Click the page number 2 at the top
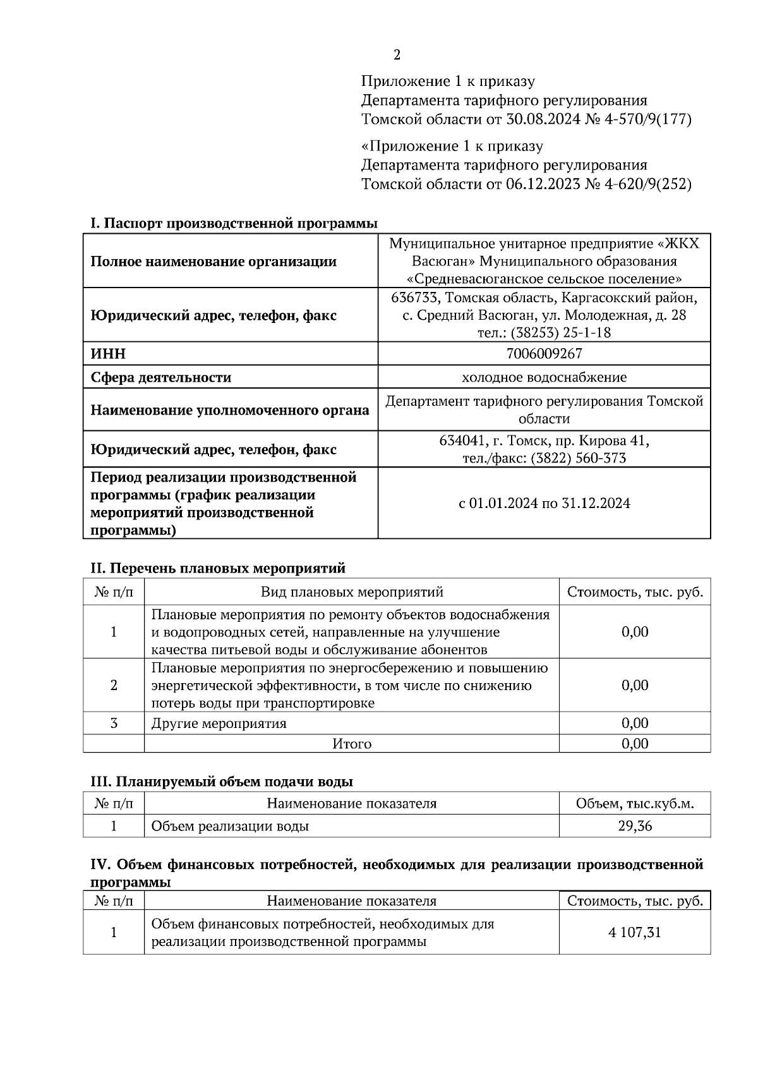pos(397,55)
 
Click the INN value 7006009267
pos(544,354)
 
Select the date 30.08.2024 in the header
pos(543,119)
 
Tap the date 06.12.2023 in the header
pos(543,185)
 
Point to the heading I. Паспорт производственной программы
pos(234,224)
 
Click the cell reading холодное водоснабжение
pos(544,378)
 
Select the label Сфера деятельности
pos(161,378)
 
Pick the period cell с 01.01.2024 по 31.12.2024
pos(544,504)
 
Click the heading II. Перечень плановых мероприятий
pos(218,568)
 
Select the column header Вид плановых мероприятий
pos(352,592)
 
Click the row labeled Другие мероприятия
pos(219,724)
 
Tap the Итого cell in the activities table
pos(352,744)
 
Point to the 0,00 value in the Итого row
pos(635,744)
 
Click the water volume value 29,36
pos(635,826)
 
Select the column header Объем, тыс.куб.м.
pos(635,804)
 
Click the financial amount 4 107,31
pos(635,933)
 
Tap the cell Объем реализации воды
pos(230,826)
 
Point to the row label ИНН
pos(108,354)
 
